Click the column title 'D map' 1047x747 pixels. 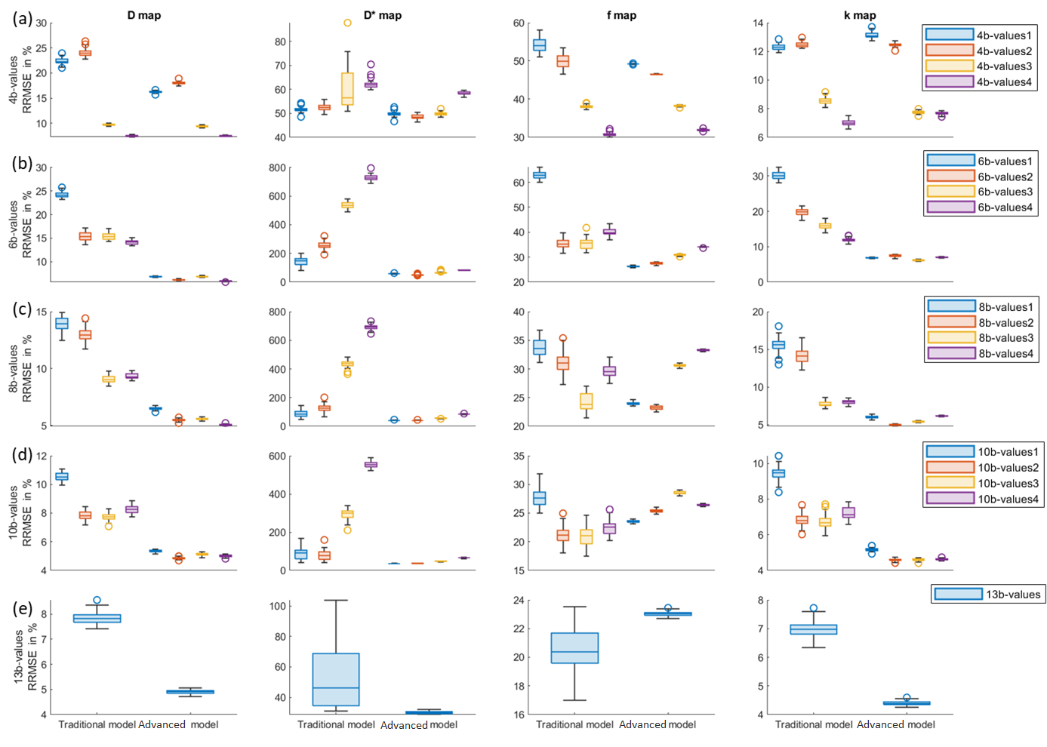[x=143, y=15]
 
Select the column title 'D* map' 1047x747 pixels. [x=383, y=15]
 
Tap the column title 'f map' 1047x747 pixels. [x=621, y=15]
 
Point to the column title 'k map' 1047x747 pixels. [x=860, y=15]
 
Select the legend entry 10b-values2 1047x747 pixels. [x=981, y=468]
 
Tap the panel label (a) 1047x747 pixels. [x=22, y=19]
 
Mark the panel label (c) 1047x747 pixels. [x=22, y=309]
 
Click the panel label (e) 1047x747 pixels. [x=23, y=608]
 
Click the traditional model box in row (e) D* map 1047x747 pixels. [x=336, y=679]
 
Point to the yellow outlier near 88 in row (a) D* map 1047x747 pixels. [x=347, y=23]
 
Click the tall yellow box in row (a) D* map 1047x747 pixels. [x=347, y=88]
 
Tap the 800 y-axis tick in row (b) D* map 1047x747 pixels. [x=277, y=168]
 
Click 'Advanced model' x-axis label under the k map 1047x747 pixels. [x=895, y=724]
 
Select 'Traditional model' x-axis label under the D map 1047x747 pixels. [x=97, y=724]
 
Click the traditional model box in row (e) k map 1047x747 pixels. [x=813, y=629]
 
